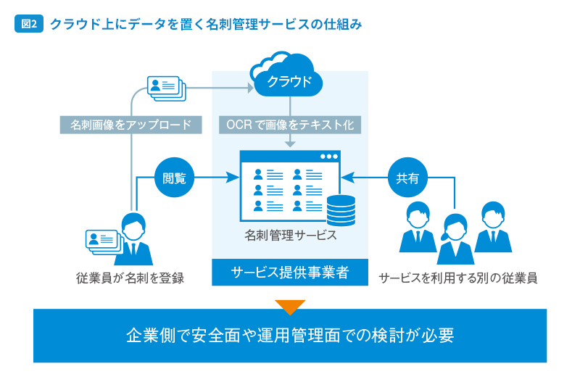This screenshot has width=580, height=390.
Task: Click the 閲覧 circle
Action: pos(174,177)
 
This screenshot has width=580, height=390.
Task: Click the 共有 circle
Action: pos(407,177)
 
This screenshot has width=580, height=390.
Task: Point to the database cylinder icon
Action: pos(341,210)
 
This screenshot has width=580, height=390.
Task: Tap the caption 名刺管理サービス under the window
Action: pos(290,236)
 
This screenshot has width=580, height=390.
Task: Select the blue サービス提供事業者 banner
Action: pos(290,273)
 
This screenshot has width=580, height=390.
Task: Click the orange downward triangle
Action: pos(290,307)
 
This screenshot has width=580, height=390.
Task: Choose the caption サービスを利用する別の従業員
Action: pos(457,278)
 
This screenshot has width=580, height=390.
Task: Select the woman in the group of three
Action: pos(455,239)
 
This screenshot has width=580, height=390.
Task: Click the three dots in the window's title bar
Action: pos(330,156)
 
